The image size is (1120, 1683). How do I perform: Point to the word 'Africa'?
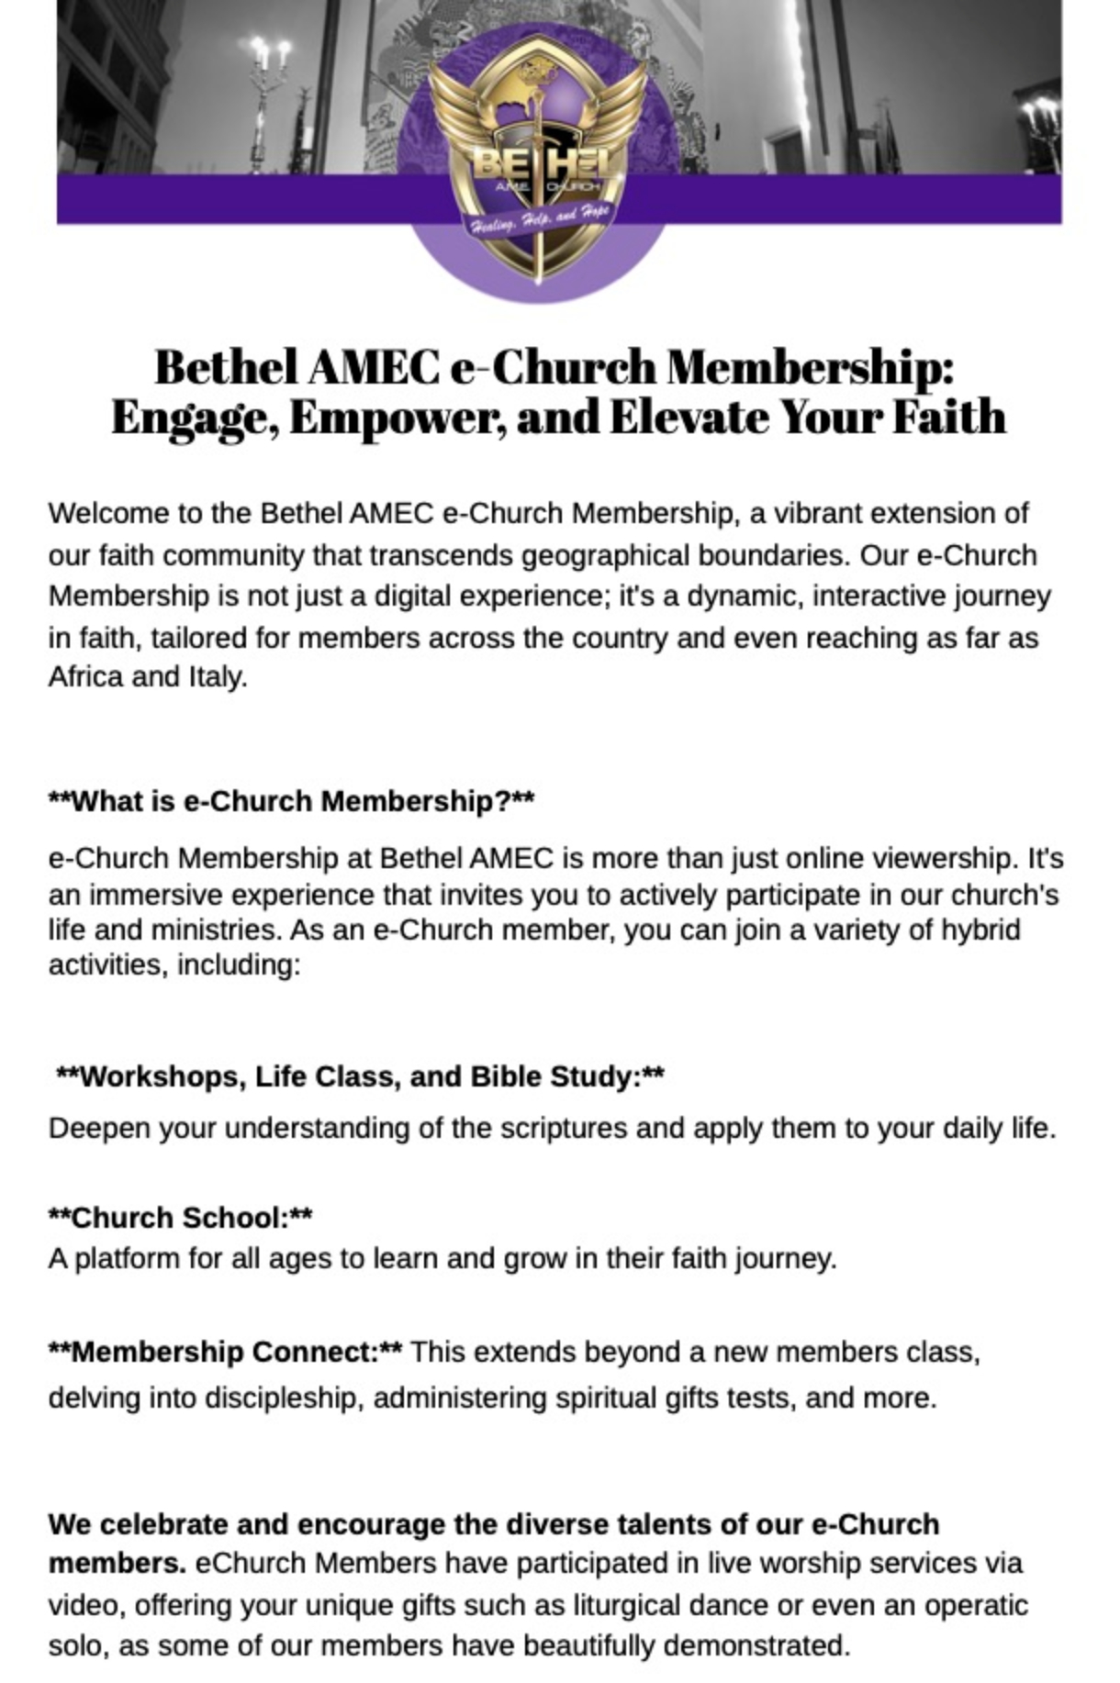[86, 677]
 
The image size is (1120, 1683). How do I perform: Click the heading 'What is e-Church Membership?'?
[290, 801]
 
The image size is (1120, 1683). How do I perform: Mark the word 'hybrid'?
[980, 930]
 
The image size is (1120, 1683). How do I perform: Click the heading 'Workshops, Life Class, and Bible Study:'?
[360, 1076]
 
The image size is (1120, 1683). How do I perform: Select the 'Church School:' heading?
[180, 1218]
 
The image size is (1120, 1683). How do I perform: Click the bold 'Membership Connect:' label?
[225, 1352]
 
